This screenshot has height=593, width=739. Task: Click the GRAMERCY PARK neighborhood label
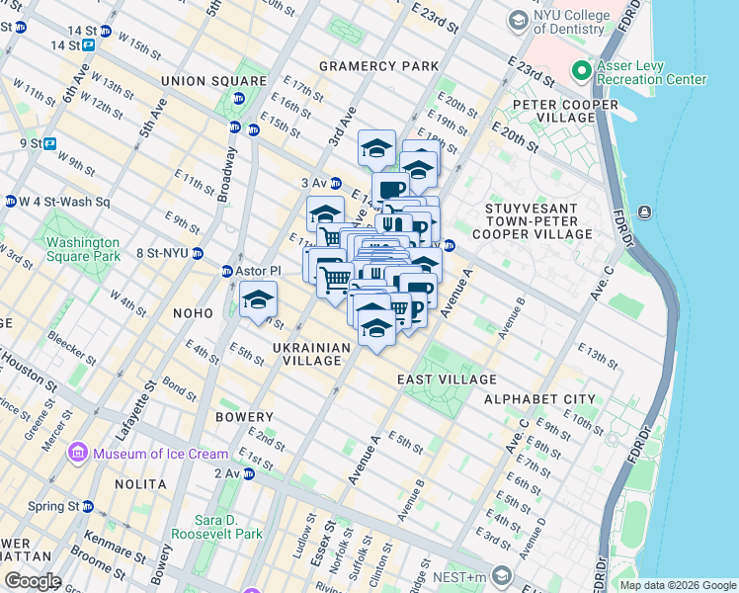(378, 66)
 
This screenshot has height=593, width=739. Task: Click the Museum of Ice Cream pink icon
(78, 454)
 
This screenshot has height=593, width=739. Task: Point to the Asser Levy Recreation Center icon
(581, 71)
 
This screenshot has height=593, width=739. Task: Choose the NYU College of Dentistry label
(567, 22)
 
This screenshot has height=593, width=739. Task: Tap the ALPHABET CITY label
(539, 399)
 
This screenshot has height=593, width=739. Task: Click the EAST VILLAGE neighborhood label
(447, 381)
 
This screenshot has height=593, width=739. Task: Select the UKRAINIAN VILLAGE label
(311, 355)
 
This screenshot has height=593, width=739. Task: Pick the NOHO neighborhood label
(192, 313)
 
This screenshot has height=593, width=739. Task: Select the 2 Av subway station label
(226, 473)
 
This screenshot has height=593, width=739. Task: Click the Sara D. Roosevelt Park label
(216, 527)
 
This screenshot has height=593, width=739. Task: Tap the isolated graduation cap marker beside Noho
(258, 299)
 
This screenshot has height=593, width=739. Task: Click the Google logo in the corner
(33, 581)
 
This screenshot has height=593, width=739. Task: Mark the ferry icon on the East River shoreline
(644, 212)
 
